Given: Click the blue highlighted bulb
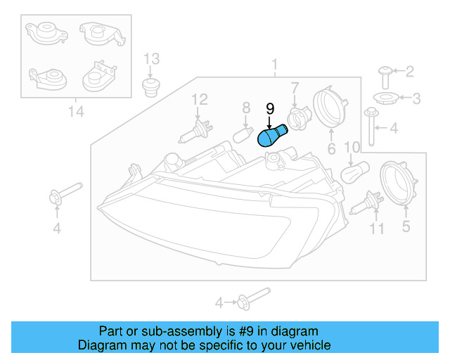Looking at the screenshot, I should point(272,134).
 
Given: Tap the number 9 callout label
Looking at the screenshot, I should point(269,108).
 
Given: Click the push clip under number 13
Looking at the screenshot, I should point(150,88).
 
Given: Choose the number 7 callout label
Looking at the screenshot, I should point(295,87).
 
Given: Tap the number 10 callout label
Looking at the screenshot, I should point(352,147).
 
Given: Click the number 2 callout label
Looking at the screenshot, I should point(409,71).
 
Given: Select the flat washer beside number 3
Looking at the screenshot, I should point(384,97).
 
